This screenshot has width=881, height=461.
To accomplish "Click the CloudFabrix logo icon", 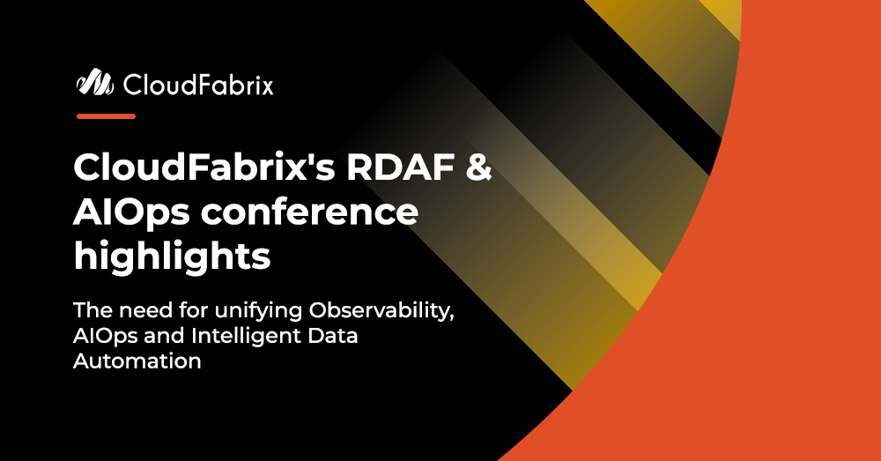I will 95,85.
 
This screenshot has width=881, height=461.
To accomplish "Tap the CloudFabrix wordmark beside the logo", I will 198,86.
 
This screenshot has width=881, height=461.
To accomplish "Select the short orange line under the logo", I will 106,115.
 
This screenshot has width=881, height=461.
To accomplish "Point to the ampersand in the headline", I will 477,168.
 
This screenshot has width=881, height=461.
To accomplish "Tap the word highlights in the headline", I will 172,257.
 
